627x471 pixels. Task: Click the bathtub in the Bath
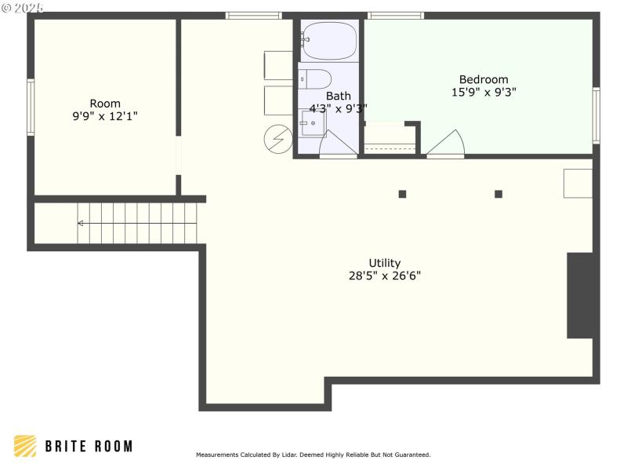click(x=328, y=41)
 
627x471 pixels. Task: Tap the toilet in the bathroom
click(x=315, y=79)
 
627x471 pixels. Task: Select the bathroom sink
click(x=313, y=123)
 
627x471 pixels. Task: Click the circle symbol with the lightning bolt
click(x=277, y=139)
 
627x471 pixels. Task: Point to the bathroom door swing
click(x=335, y=144)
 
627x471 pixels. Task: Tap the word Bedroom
click(x=484, y=79)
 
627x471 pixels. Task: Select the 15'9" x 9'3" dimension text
click(x=484, y=92)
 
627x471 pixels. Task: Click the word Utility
click(x=385, y=263)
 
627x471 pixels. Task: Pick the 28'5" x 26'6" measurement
click(x=385, y=276)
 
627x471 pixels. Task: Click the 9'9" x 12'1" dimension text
click(x=105, y=116)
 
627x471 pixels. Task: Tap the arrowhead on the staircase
click(x=80, y=223)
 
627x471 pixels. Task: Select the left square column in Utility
click(x=402, y=194)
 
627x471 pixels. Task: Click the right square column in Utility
click(x=498, y=194)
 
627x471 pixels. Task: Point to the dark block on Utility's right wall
click(x=580, y=295)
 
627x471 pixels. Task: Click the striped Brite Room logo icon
click(x=25, y=446)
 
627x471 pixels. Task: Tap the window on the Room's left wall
click(x=31, y=107)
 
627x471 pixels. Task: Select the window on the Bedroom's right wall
click(x=596, y=115)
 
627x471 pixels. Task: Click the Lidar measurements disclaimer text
click(x=313, y=455)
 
